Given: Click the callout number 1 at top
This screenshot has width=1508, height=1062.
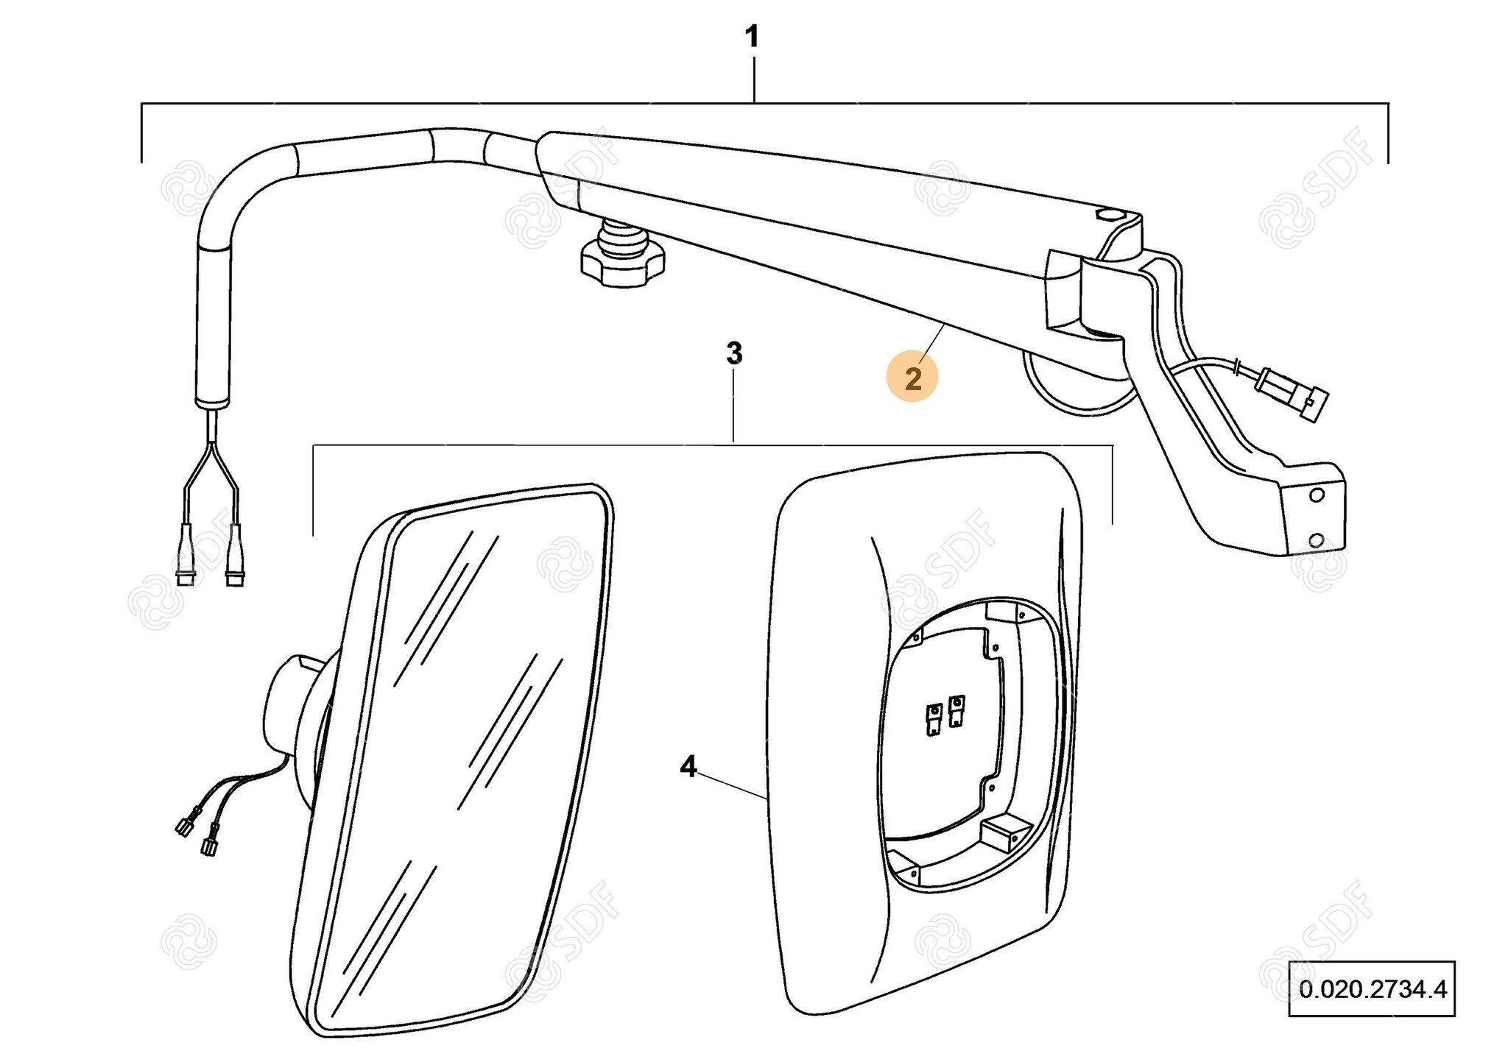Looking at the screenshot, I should click(x=752, y=37).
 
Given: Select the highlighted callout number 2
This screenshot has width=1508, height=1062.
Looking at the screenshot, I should click(x=912, y=379).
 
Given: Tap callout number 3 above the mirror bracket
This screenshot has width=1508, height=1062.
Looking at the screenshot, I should click(x=734, y=354).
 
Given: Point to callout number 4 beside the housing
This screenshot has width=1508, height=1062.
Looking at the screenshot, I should click(x=688, y=767).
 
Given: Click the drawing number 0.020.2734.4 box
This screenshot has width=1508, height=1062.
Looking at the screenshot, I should click(x=1372, y=988).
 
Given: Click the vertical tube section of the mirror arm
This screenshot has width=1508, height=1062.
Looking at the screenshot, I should click(x=214, y=324).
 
